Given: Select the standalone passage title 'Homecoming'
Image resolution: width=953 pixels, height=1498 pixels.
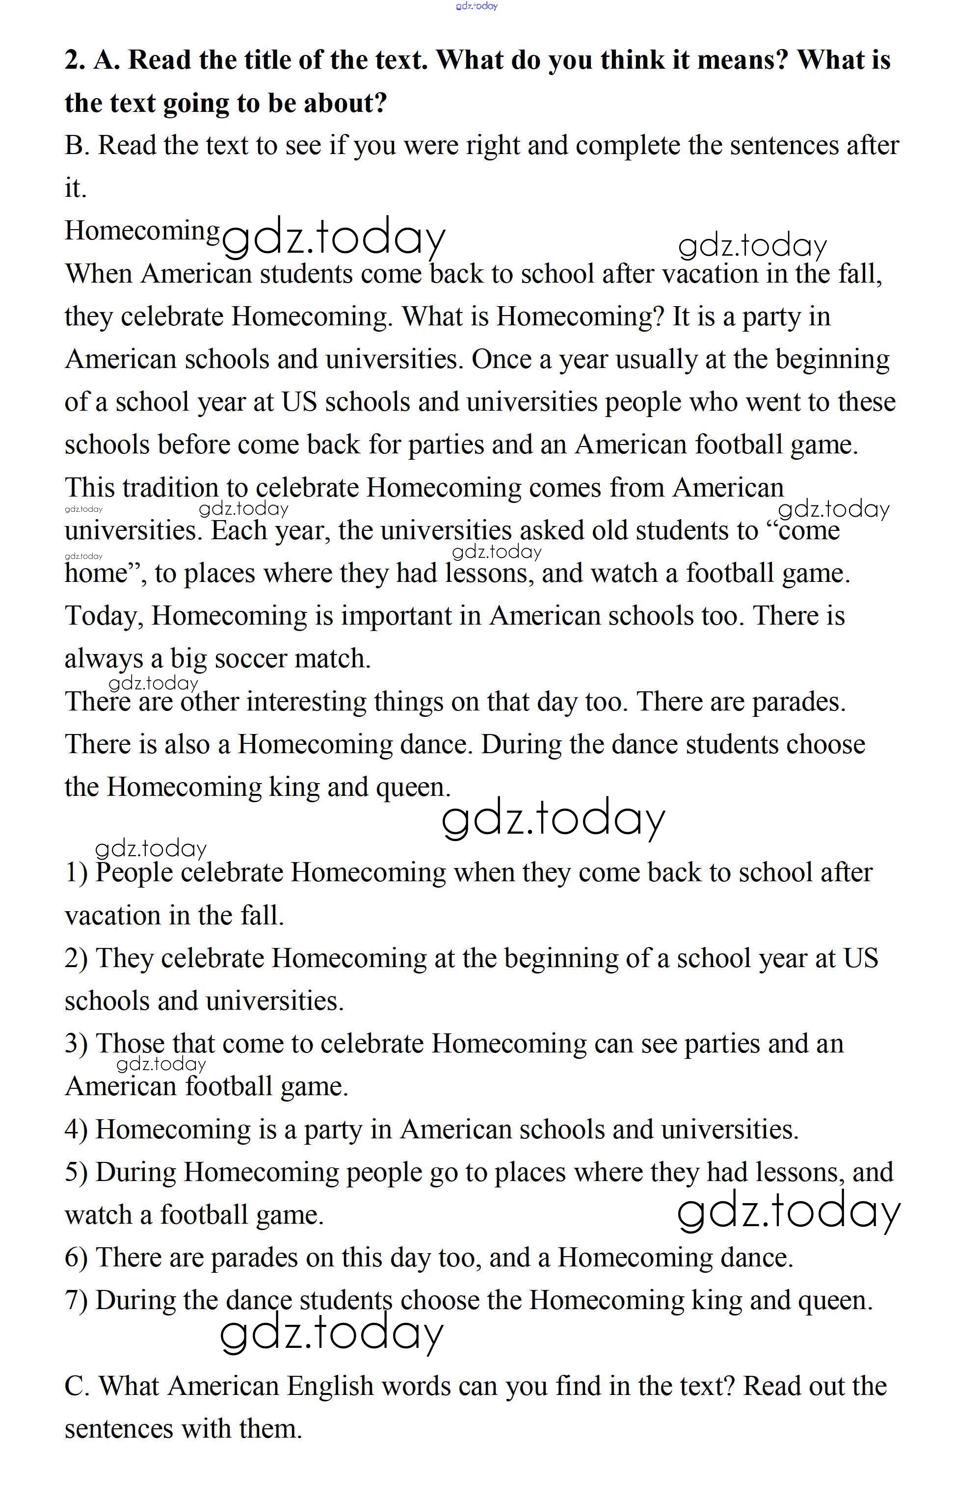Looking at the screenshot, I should click(142, 231).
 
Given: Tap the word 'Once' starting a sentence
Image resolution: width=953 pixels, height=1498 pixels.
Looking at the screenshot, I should click(500, 359).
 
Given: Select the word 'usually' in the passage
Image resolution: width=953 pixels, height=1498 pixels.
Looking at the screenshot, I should click(656, 360).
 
